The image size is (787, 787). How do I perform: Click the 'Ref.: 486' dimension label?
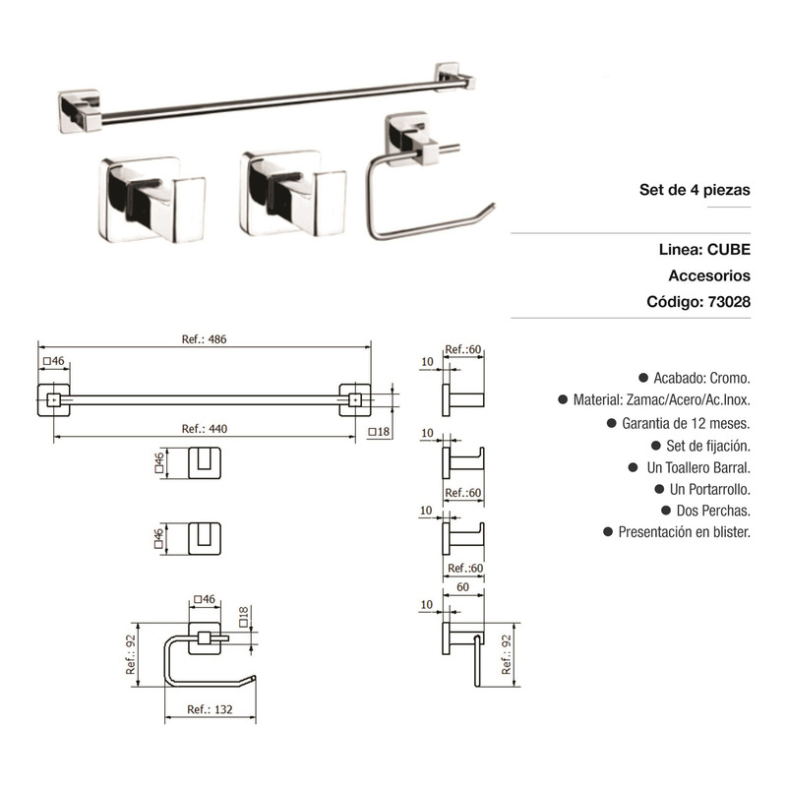pyautogui.click(x=204, y=339)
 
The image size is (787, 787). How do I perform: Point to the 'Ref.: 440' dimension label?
pyautogui.click(x=205, y=429)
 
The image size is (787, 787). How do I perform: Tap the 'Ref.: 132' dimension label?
pyautogui.click(x=210, y=709)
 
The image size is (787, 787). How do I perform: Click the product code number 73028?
pyautogui.click(x=729, y=302)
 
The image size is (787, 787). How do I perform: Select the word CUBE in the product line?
pyautogui.click(x=729, y=250)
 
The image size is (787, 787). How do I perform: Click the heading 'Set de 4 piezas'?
pyautogui.click(x=695, y=190)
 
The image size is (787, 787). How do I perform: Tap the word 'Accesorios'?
pyautogui.click(x=709, y=275)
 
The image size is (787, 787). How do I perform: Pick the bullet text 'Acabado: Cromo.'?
pyautogui.click(x=701, y=378)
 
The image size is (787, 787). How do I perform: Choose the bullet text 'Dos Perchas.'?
pyautogui.click(x=713, y=511)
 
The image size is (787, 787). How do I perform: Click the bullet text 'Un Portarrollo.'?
pyautogui.click(x=710, y=489)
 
